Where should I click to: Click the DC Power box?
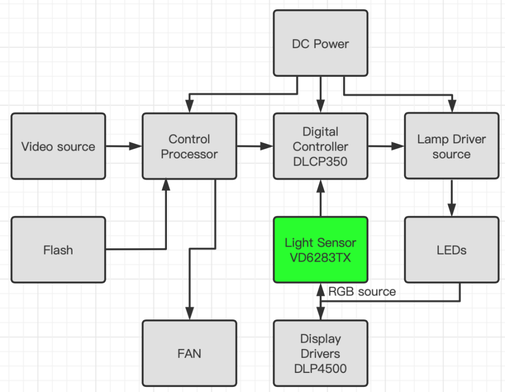[320, 44]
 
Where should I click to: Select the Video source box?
[58, 146]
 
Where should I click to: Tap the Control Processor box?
[189, 146]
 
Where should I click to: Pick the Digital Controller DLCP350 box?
[320, 146]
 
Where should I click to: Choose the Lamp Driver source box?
[451, 146]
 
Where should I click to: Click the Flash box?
[58, 250]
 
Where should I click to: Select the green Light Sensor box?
[320, 250]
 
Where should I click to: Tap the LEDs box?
[451, 250]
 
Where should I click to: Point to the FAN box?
[189, 353]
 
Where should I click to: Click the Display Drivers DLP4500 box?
[320, 353]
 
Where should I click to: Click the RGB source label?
[362, 292]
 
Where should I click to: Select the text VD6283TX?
[320, 258]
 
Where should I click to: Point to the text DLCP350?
[320, 161]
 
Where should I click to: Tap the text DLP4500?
[320, 369]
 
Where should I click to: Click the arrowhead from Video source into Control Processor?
[136, 146]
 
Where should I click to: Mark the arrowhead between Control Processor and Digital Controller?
[267, 146]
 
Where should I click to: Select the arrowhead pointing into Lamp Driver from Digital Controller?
[398, 146]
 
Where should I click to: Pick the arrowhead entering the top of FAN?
[189, 314]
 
